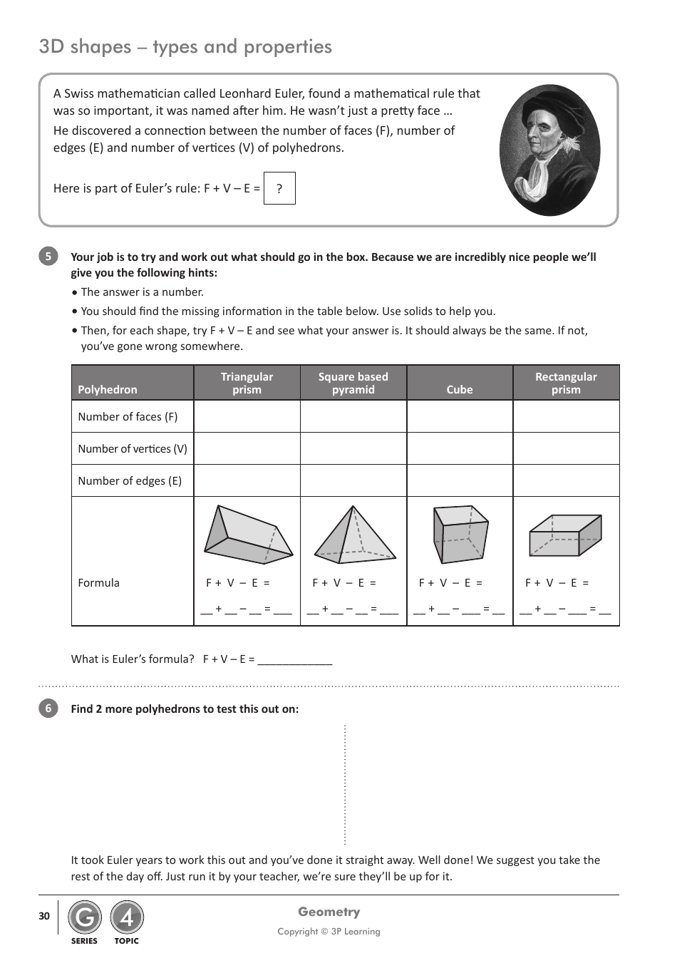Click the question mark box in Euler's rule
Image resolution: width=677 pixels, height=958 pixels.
tap(279, 188)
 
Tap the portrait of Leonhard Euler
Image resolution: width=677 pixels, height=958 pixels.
tap(549, 150)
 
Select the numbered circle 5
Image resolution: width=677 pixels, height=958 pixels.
tap(48, 257)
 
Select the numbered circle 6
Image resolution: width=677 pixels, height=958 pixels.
tap(48, 709)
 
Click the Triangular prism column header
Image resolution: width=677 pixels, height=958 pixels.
tap(247, 383)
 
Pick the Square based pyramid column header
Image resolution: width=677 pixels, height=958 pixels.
tap(353, 383)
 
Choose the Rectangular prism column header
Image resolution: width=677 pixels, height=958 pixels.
tap(566, 383)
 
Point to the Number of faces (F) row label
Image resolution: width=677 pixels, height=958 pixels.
tap(128, 417)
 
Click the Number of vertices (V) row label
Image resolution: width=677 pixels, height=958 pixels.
tap(133, 449)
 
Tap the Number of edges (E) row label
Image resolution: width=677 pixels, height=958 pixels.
tap(130, 481)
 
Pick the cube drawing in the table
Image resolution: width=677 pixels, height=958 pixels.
tap(460, 535)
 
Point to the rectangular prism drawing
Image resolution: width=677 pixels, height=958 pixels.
tap(565, 535)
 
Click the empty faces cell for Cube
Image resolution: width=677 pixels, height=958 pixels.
tap(460, 417)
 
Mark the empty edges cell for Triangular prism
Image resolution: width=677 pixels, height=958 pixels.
tap(247, 481)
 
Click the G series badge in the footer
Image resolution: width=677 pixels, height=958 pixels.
tap(85, 918)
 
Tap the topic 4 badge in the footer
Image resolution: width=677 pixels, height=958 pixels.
tap(127, 918)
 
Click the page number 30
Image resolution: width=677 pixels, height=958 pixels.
tap(44, 917)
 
